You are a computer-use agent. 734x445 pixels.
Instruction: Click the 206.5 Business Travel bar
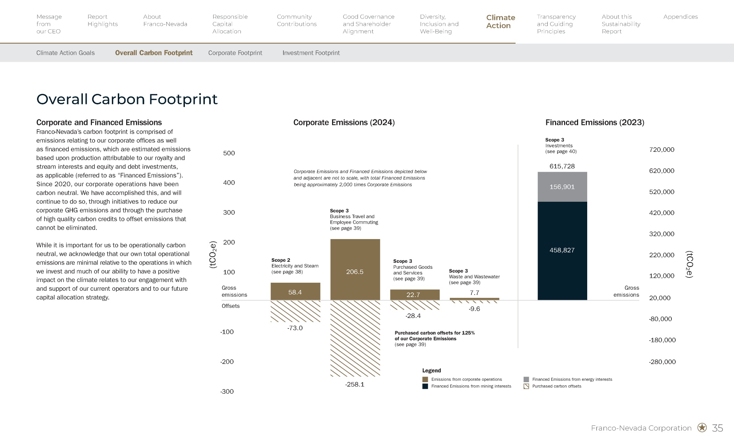point(355,269)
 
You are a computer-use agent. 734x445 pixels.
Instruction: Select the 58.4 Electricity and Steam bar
point(295,291)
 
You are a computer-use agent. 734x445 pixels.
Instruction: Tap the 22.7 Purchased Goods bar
point(415,295)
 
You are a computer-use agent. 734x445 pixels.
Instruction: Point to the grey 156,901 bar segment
point(562,187)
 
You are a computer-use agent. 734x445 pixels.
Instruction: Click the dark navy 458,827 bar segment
point(562,251)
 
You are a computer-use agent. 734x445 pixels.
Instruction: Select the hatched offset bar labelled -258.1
point(355,339)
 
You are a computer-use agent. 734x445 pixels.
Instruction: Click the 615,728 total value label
point(562,166)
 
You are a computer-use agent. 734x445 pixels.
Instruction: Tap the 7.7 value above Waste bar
point(474,293)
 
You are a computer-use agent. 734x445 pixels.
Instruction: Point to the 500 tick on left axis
point(229,153)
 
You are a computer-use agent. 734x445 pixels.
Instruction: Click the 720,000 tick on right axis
point(662,150)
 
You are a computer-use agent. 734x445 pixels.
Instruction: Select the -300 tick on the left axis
point(227,392)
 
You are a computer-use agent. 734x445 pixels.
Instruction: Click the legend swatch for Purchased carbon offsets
point(526,386)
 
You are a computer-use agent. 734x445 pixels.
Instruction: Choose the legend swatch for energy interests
point(526,379)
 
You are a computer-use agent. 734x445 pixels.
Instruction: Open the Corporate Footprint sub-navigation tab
point(235,53)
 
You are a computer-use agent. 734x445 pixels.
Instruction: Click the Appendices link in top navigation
point(681,17)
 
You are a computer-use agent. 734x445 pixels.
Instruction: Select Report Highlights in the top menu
point(103,20)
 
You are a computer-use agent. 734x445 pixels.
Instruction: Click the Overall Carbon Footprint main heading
point(127,99)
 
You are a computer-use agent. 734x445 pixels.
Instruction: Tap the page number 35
point(718,428)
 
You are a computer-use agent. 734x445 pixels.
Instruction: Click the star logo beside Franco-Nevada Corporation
point(702,428)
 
